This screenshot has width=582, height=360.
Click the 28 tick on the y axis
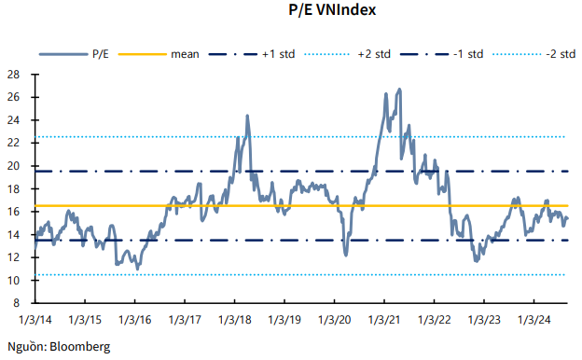coord(14,75)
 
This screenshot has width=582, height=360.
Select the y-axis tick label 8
coord(18,303)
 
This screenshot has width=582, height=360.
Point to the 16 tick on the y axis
coord(14,212)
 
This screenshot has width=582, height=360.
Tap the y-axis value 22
coord(14,143)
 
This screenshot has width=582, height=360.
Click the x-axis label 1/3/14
coord(35,320)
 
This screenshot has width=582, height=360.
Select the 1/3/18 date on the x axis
coord(234,320)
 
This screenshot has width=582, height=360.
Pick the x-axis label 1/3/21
coord(383,320)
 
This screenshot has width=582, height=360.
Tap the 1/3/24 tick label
coord(533,320)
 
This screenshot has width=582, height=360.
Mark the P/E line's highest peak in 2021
coord(400,90)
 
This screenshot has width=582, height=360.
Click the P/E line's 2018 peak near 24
coord(247,116)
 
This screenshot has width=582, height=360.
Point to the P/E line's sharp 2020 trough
coord(346,255)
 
